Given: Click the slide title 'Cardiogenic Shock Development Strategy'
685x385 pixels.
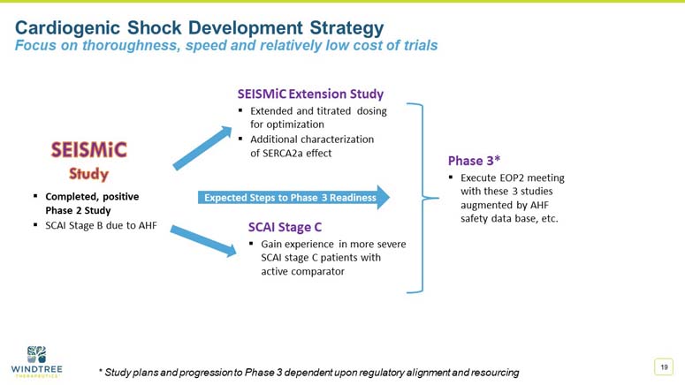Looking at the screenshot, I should click(200, 26).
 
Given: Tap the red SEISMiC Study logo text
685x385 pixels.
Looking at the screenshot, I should click(88, 159).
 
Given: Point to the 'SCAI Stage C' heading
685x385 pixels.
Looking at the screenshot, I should click(286, 226).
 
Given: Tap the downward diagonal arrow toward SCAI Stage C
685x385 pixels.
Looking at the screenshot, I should click(202, 239).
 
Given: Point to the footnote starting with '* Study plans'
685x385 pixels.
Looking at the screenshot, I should click(308, 372).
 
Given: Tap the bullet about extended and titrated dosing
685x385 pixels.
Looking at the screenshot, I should click(317, 118).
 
